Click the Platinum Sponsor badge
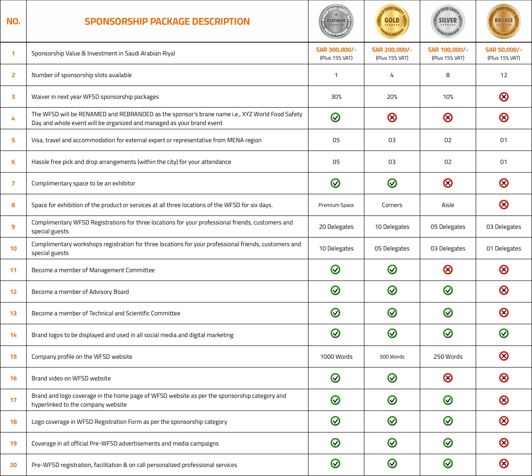point(336,21)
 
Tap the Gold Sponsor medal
point(392,21)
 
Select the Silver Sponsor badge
point(448,21)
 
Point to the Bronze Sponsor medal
point(504,21)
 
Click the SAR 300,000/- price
point(336,50)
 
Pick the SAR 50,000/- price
point(504,50)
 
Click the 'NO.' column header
point(13,21)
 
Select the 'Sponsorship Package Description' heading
point(167,21)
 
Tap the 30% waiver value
point(336,97)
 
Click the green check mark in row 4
point(335,117)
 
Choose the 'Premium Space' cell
point(336,205)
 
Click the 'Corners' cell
point(392,205)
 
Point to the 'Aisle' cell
point(448,205)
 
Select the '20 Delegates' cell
point(336,227)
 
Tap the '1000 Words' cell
point(336,357)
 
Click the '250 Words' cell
point(448,357)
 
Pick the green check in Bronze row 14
point(504,333)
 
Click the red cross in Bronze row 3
point(504,97)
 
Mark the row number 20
point(13,465)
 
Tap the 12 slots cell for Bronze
point(504,75)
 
